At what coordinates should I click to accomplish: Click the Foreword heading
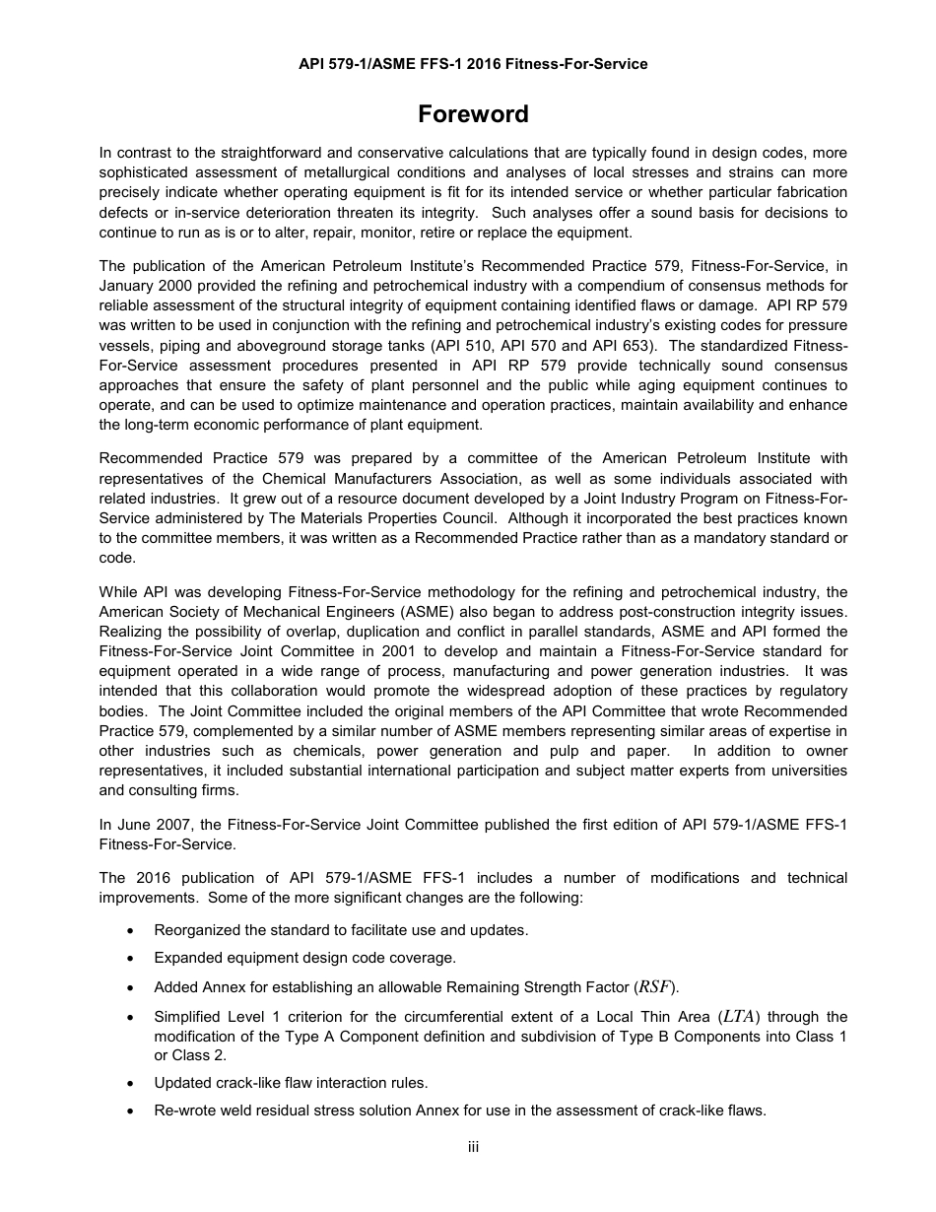[x=473, y=114]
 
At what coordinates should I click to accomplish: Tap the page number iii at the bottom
[x=473, y=1147]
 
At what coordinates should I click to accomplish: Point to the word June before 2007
[x=136, y=825]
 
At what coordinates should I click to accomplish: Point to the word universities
[x=805, y=771]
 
